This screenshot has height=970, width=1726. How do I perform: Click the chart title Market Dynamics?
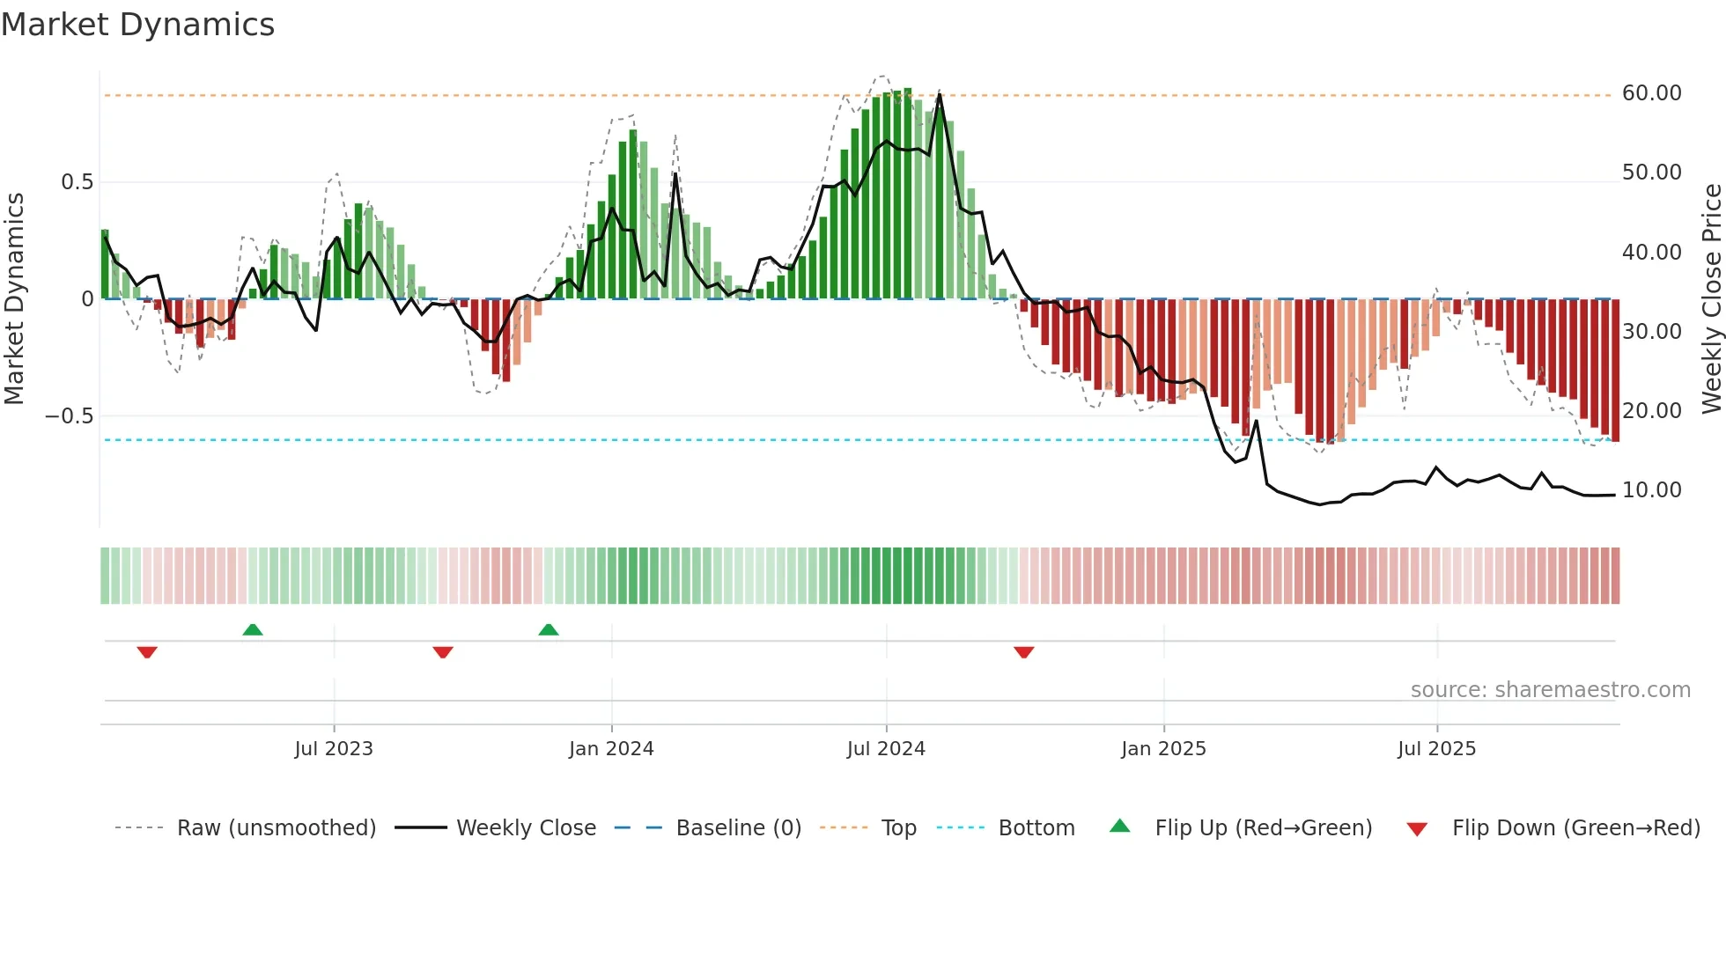tap(137, 25)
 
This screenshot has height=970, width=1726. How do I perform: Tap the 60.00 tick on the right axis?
tap(1651, 93)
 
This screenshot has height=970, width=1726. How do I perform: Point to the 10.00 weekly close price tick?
tap(1651, 490)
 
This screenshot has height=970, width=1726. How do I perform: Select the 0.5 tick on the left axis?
tap(77, 182)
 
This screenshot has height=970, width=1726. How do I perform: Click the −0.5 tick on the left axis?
tap(70, 415)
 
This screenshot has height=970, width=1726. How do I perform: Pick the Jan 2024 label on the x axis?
tap(611, 749)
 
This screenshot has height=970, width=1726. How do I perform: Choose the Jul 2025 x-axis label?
tap(1436, 749)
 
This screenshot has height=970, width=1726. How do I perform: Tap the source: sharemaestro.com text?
tap(1550, 690)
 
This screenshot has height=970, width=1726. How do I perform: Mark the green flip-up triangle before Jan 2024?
tap(549, 630)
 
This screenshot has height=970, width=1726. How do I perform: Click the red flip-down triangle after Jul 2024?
tap(1023, 652)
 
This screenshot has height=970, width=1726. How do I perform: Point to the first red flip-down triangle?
tap(147, 652)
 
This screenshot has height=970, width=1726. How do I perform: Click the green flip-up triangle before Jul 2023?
tap(253, 630)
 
